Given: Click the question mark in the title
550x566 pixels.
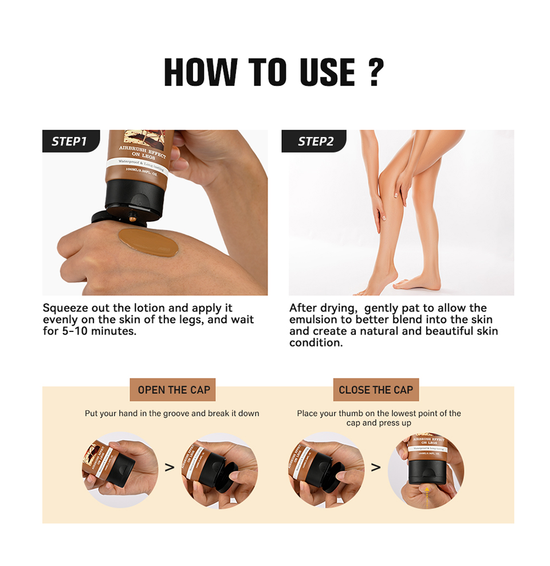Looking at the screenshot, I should (375, 72).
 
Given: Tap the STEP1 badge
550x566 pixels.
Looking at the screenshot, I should (69, 142).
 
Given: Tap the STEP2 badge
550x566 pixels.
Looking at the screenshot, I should (315, 142).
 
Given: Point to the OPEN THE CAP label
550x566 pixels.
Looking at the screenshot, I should (174, 390).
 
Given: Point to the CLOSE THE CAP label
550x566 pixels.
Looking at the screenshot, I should (376, 390).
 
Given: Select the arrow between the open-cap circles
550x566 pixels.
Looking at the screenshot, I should (170, 467).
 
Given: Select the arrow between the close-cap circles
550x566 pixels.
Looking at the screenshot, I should (376, 467).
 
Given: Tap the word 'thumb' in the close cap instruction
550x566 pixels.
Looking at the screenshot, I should (351, 413).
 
